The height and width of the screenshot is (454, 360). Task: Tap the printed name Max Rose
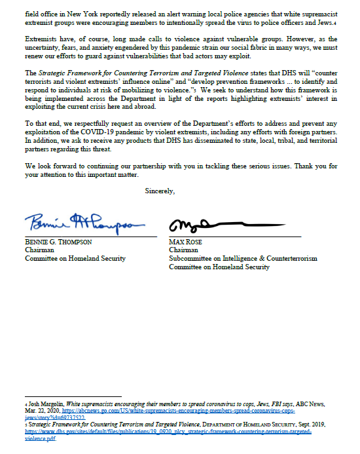click(x=185, y=242)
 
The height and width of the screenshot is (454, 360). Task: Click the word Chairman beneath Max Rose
click(x=183, y=250)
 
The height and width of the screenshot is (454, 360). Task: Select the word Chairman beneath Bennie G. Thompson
click(x=39, y=250)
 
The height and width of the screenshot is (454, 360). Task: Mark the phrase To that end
click(x=41, y=123)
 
